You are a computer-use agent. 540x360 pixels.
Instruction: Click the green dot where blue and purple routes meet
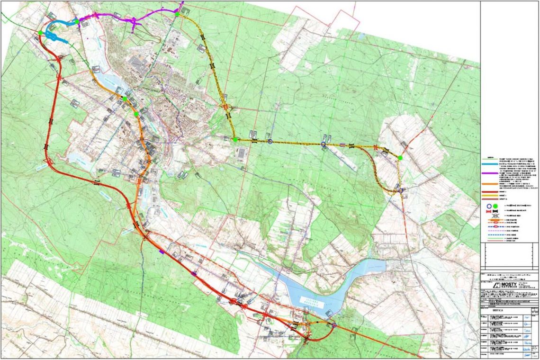click(76, 21)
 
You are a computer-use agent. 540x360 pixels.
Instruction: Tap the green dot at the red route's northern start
click(41, 33)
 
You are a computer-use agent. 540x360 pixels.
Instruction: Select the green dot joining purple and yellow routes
click(177, 14)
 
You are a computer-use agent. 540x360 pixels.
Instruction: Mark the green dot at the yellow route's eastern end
click(400, 158)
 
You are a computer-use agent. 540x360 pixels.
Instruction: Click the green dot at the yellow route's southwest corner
click(235, 139)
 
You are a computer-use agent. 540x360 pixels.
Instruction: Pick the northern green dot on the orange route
click(125, 99)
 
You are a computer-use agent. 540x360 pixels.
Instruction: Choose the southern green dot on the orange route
click(136, 114)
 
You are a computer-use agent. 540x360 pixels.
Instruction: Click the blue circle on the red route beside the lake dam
click(333, 325)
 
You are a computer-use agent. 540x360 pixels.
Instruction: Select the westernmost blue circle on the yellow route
click(270, 141)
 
